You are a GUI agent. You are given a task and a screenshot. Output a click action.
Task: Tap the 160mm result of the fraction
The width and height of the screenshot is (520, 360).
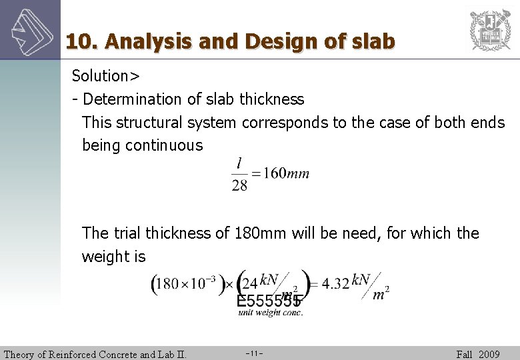click(x=287, y=173)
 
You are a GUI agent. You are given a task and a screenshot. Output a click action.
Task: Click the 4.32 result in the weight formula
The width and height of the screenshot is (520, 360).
click(x=335, y=283)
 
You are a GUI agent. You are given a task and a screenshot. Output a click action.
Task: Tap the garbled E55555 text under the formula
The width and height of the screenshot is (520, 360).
click(x=269, y=301)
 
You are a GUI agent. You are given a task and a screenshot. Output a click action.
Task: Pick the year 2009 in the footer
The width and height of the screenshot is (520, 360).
click(x=489, y=354)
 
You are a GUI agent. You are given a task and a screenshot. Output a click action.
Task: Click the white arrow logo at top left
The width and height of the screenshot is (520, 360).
click(x=30, y=30)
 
